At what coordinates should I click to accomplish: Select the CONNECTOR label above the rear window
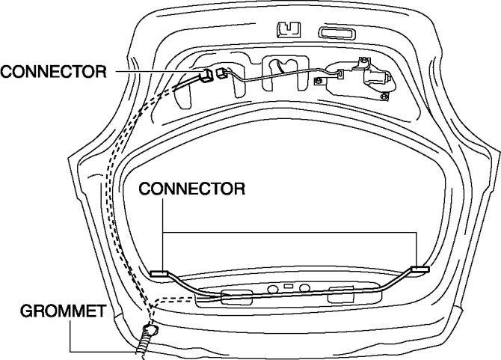[x=193, y=189]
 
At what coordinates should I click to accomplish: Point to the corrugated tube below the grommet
[x=142, y=345]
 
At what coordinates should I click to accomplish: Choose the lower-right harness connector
[x=420, y=268]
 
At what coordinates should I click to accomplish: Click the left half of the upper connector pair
[x=205, y=75]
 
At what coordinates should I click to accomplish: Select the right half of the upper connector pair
[x=222, y=73]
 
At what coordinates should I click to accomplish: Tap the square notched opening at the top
[x=286, y=30]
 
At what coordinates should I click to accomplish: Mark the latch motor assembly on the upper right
[x=373, y=76]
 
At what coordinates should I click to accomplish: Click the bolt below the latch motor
[x=384, y=94]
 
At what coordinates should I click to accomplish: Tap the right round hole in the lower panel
[x=304, y=287]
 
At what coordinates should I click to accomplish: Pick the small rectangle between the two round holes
[x=289, y=287]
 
